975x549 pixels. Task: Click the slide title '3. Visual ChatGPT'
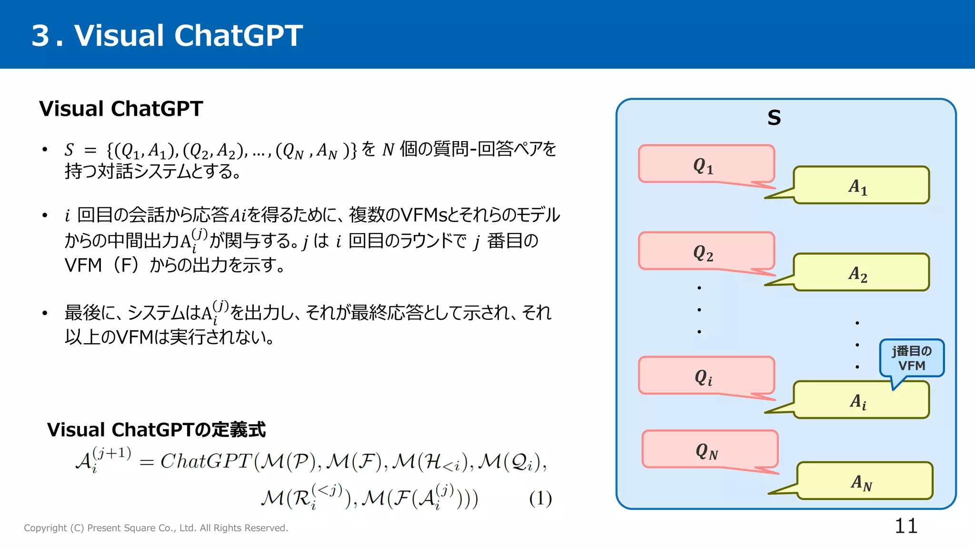[167, 36]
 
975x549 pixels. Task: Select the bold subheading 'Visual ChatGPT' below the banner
[121, 109]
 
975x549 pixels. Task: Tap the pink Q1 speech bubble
[706, 164]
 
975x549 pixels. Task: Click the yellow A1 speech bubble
[861, 185]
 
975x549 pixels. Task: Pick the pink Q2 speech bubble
[706, 251]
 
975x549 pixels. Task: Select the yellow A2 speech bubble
[861, 273]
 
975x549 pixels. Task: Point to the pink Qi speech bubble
[706, 376]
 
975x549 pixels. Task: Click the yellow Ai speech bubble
[861, 400]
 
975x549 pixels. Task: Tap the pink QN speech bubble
[709, 449]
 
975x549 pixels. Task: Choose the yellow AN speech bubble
[864, 481]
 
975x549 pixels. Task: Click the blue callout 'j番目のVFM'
[912, 358]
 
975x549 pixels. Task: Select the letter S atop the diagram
[774, 118]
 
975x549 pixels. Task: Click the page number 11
[905, 526]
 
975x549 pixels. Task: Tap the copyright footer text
[156, 528]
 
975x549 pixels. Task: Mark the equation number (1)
[540, 499]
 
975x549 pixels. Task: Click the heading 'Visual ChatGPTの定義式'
[156, 430]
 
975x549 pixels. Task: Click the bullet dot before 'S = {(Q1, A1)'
[45, 150]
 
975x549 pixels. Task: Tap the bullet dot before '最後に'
[45, 313]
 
